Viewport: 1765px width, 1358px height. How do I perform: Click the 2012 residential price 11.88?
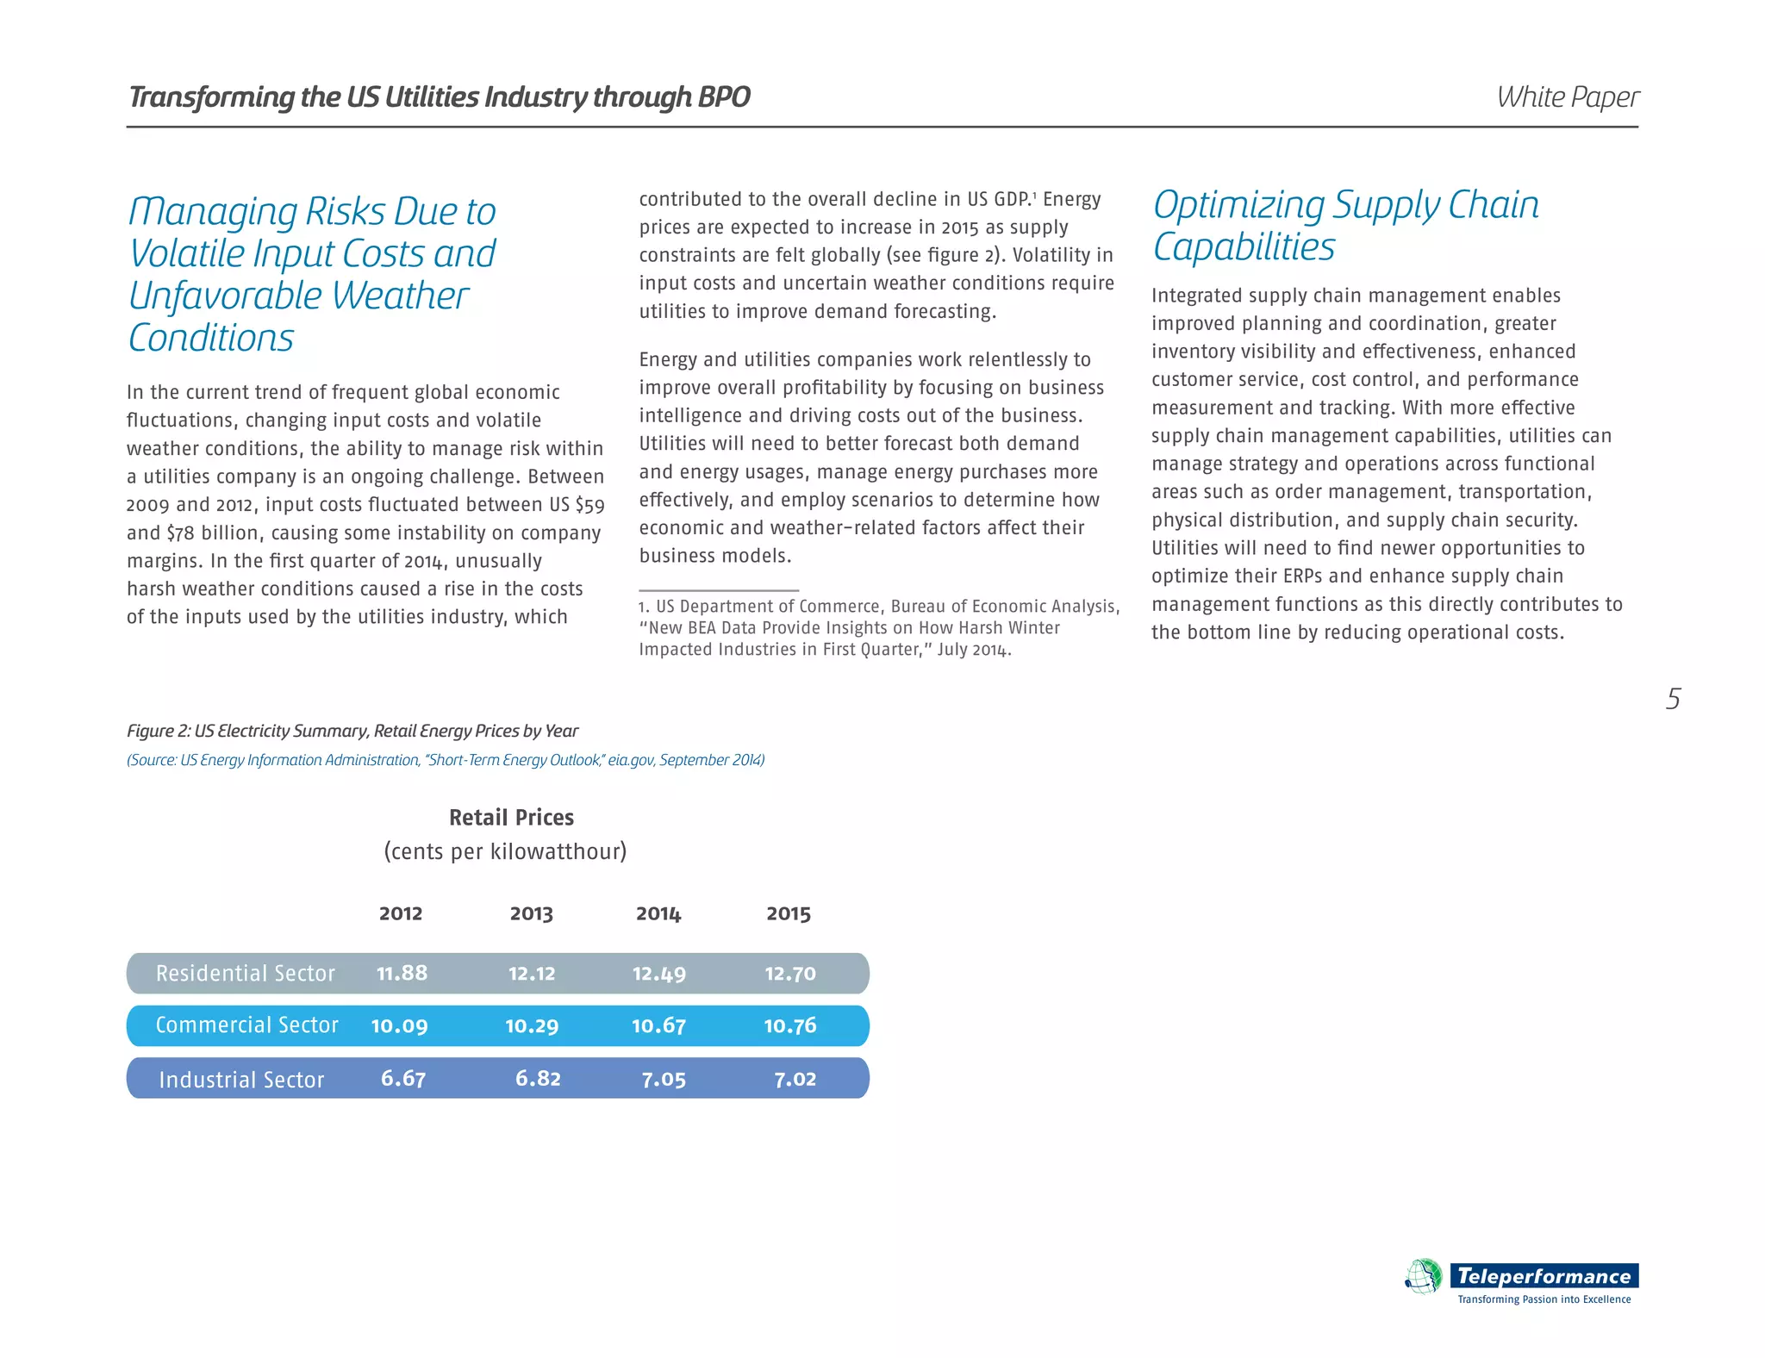402,973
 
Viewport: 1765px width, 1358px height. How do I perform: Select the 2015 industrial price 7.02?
795,1079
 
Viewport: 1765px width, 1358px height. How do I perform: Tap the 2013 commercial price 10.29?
532,1025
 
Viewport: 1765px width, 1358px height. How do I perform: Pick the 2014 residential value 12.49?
659,974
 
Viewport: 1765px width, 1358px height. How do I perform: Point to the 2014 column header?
658,913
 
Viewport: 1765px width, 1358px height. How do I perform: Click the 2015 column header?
789,913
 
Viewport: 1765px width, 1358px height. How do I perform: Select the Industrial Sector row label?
241,1080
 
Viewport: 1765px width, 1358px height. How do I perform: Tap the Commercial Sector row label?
246,1025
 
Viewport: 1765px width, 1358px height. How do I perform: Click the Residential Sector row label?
245,974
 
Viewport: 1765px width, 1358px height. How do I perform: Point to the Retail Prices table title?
511,817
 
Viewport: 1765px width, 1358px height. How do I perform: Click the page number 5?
1673,699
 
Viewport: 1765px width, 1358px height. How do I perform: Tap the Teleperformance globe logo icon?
1424,1276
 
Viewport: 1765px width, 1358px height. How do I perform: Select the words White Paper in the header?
1568,97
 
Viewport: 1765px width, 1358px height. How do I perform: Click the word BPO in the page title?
724,97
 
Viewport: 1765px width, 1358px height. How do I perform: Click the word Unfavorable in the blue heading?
226,296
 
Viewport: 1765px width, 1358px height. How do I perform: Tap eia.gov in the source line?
631,760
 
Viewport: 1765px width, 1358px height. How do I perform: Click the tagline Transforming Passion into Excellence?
1544,1299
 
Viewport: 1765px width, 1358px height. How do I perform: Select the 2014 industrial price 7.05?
664,1079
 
